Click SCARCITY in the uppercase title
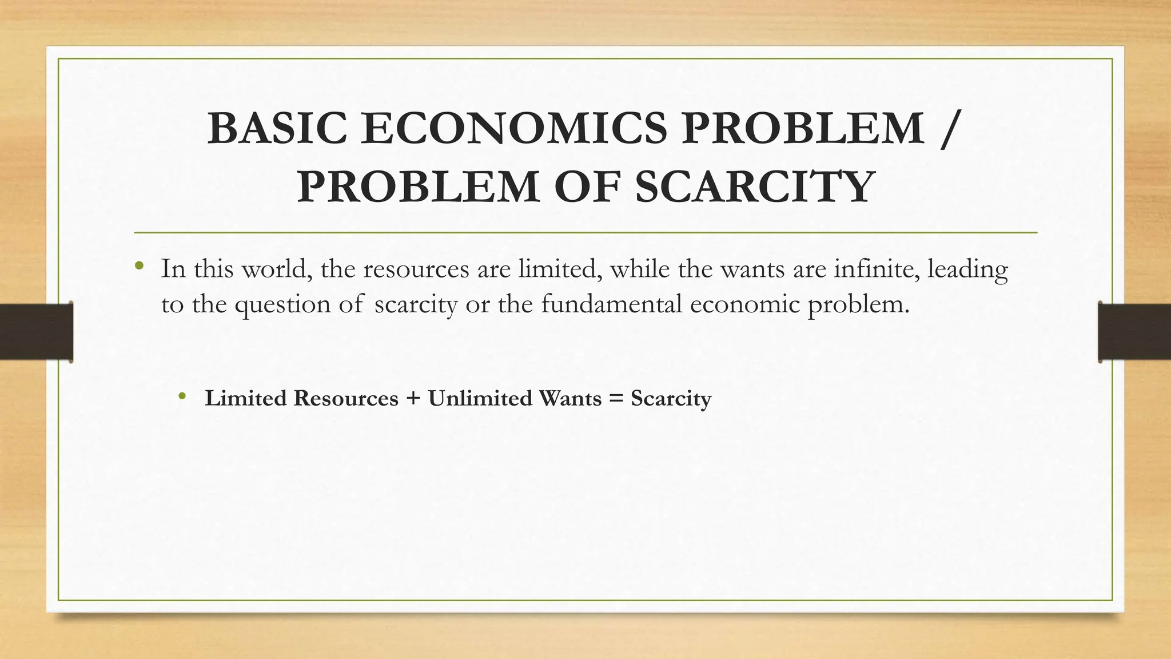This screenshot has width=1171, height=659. (754, 186)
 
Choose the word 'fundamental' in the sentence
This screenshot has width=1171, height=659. (611, 304)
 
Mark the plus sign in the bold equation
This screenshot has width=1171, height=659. (413, 399)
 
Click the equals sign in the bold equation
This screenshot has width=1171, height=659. (616, 399)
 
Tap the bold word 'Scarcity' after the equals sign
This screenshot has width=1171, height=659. (671, 399)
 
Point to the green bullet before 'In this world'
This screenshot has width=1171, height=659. (139, 266)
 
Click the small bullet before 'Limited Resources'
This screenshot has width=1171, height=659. (182, 396)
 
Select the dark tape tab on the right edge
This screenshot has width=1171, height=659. (1134, 332)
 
